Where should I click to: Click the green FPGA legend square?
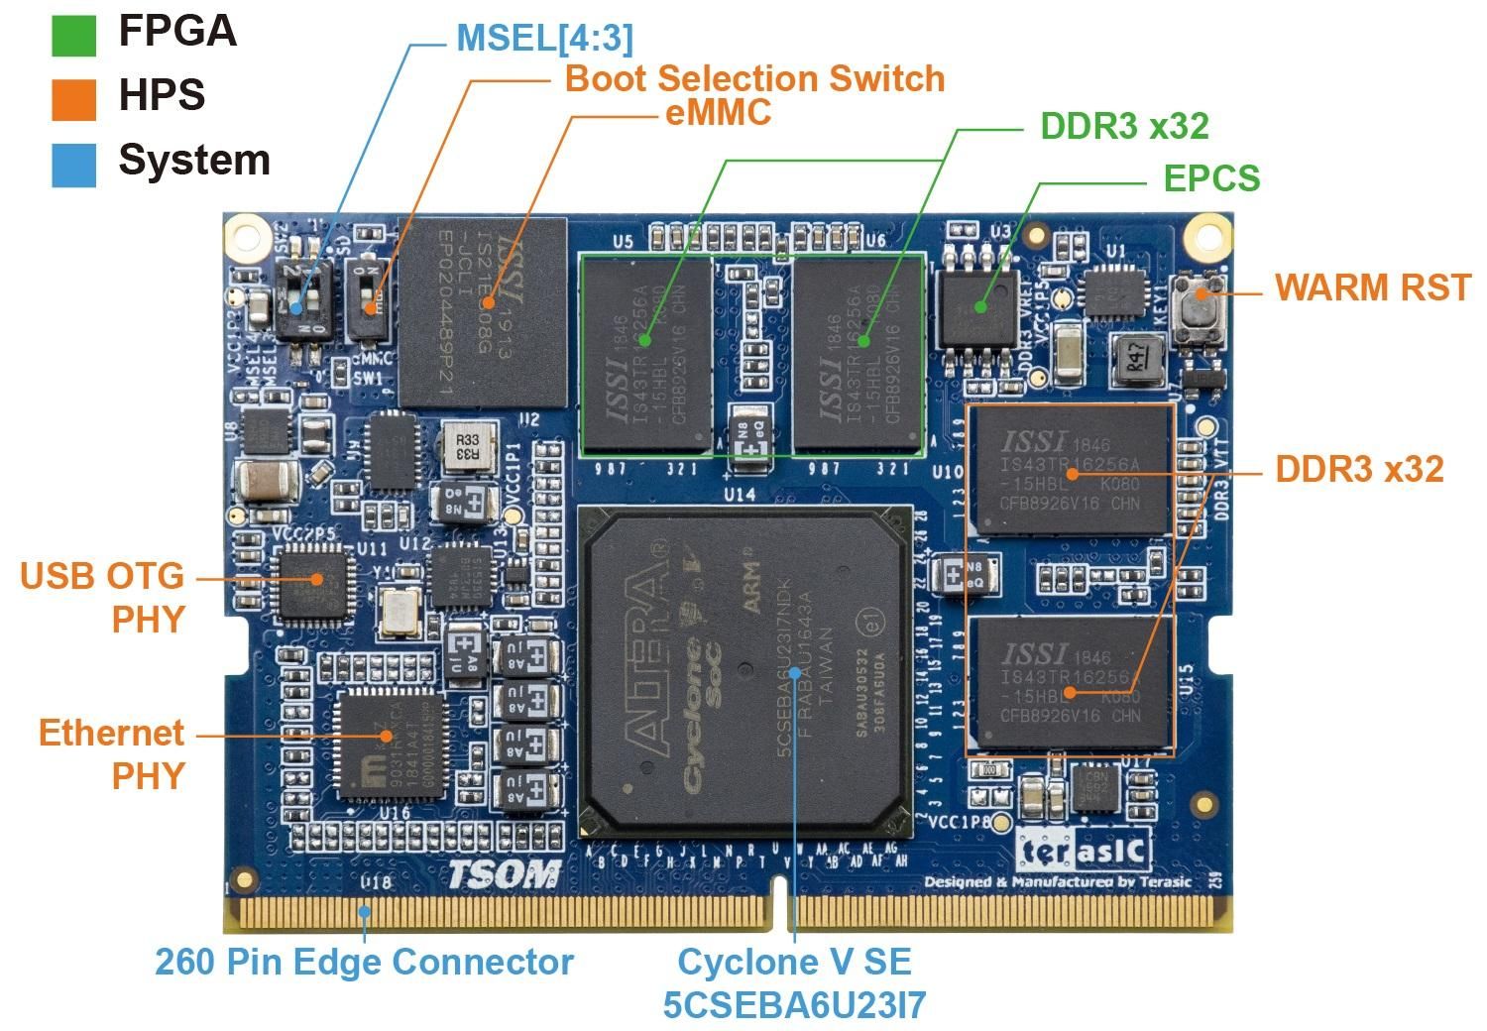point(73,35)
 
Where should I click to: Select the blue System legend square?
point(73,165)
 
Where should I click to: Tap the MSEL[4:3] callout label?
point(544,39)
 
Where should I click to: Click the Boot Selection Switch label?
point(754,78)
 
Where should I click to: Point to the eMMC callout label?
point(718,113)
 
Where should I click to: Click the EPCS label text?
point(1211,178)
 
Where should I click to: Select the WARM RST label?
point(1373,287)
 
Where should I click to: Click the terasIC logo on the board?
point(1085,851)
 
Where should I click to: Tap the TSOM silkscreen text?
point(503,874)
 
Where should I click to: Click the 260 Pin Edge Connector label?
point(364,962)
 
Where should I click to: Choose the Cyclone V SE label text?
point(794,962)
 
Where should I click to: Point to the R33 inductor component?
point(467,448)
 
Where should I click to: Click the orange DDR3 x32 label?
point(1358,469)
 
